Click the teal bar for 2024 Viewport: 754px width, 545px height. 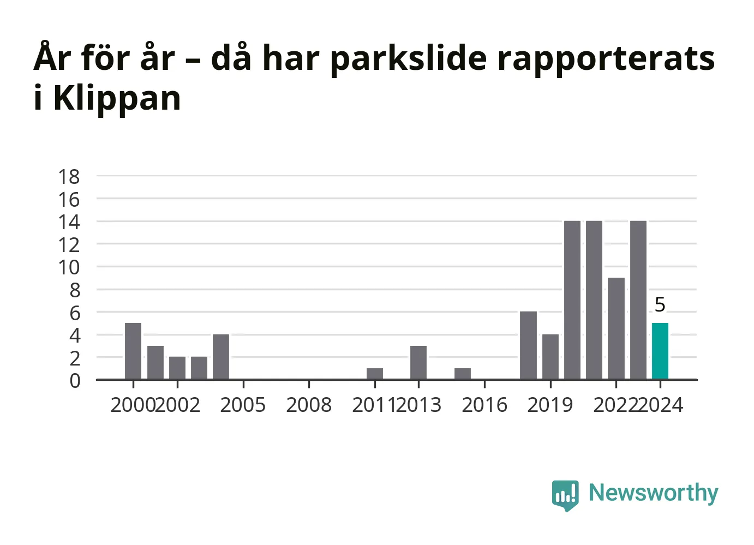pyautogui.click(x=660, y=351)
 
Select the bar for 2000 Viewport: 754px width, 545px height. pyautogui.click(x=133, y=351)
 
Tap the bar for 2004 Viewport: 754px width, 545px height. pyautogui.click(x=221, y=357)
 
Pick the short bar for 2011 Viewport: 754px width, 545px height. pyautogui.click(x=375, y=374)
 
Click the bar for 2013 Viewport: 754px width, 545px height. pyautogui.click(x=418, y=363)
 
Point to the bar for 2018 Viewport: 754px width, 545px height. pyautogui.click(x=529, y=345)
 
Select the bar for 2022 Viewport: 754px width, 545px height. pyautogui.click(x=616, y=328)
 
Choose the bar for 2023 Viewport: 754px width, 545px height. pyautogui.click(x=638, y=300)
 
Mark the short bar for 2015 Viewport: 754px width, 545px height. pyautogui.click(x=463, y=374)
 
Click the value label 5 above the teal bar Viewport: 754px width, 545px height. pyautogui.click(x=660, y=304)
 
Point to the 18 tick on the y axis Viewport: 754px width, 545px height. pyautogui.click(x=69, y=177)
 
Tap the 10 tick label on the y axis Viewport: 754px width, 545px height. pyautogui.click(x=69, y=268)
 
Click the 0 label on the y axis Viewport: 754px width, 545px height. pyautogui.click(x=75, y=381)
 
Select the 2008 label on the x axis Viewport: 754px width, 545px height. pyautogui.click(x=309, y=405)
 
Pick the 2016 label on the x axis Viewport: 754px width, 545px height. pyautogui.click(x=484, y=405)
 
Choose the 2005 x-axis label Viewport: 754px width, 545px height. pyautogui.click(x=243, y=405)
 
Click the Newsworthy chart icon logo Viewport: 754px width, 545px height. pyautogui.click(x=565, y=496)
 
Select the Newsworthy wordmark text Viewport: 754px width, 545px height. pyautogui.click(x=654, y=493)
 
